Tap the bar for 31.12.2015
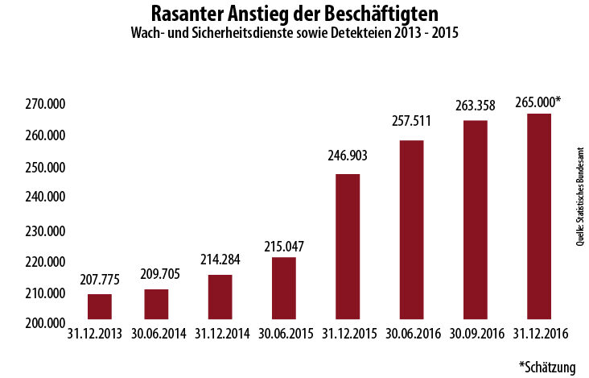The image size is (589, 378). pyautogui.click(x=348, y=248)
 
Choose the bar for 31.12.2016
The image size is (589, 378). pyautogui.click(x=539, y=218)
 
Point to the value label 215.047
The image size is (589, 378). pyautogui.click(x=284, y=245)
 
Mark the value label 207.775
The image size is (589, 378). pyautogui.click(x=100, y=280)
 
